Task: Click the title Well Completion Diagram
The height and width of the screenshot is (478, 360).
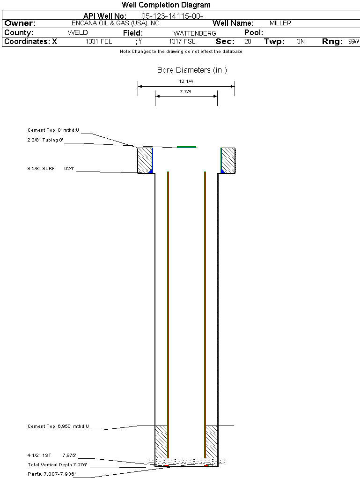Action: pos(166,5)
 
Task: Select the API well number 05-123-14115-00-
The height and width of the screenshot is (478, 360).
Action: pos(172,16)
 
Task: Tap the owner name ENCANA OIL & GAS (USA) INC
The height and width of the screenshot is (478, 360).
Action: pos(115,23)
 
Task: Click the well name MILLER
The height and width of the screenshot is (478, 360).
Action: pos(280,23)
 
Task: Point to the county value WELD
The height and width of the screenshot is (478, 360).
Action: pos(78,33)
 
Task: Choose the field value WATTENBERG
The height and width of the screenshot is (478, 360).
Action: pos(195,33)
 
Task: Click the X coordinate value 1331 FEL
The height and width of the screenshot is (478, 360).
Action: pos(99,41)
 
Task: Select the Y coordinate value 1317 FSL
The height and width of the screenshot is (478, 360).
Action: pos(182,41)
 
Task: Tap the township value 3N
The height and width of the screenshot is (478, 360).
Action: pos(301,41)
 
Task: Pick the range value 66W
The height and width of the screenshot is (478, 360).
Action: pos(353,41)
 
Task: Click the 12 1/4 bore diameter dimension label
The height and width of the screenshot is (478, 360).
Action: pos(186,82)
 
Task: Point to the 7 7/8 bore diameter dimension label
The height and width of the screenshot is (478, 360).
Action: pos(185,91)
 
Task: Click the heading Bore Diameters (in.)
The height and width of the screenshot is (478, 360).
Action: pos(192,70)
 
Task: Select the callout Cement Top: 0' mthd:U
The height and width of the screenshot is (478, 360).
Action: pos(53,130)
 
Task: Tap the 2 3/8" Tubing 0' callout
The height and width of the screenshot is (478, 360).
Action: pos(45,140)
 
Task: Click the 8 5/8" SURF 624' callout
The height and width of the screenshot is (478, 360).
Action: pos(51,169)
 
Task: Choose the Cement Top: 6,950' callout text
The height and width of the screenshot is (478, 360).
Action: pos(58,426)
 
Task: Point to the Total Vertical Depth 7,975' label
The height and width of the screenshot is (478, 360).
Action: pos(57,465)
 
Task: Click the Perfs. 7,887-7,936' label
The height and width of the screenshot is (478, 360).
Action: pos(52,474)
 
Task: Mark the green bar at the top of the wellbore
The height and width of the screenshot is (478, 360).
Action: pos(186,147)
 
